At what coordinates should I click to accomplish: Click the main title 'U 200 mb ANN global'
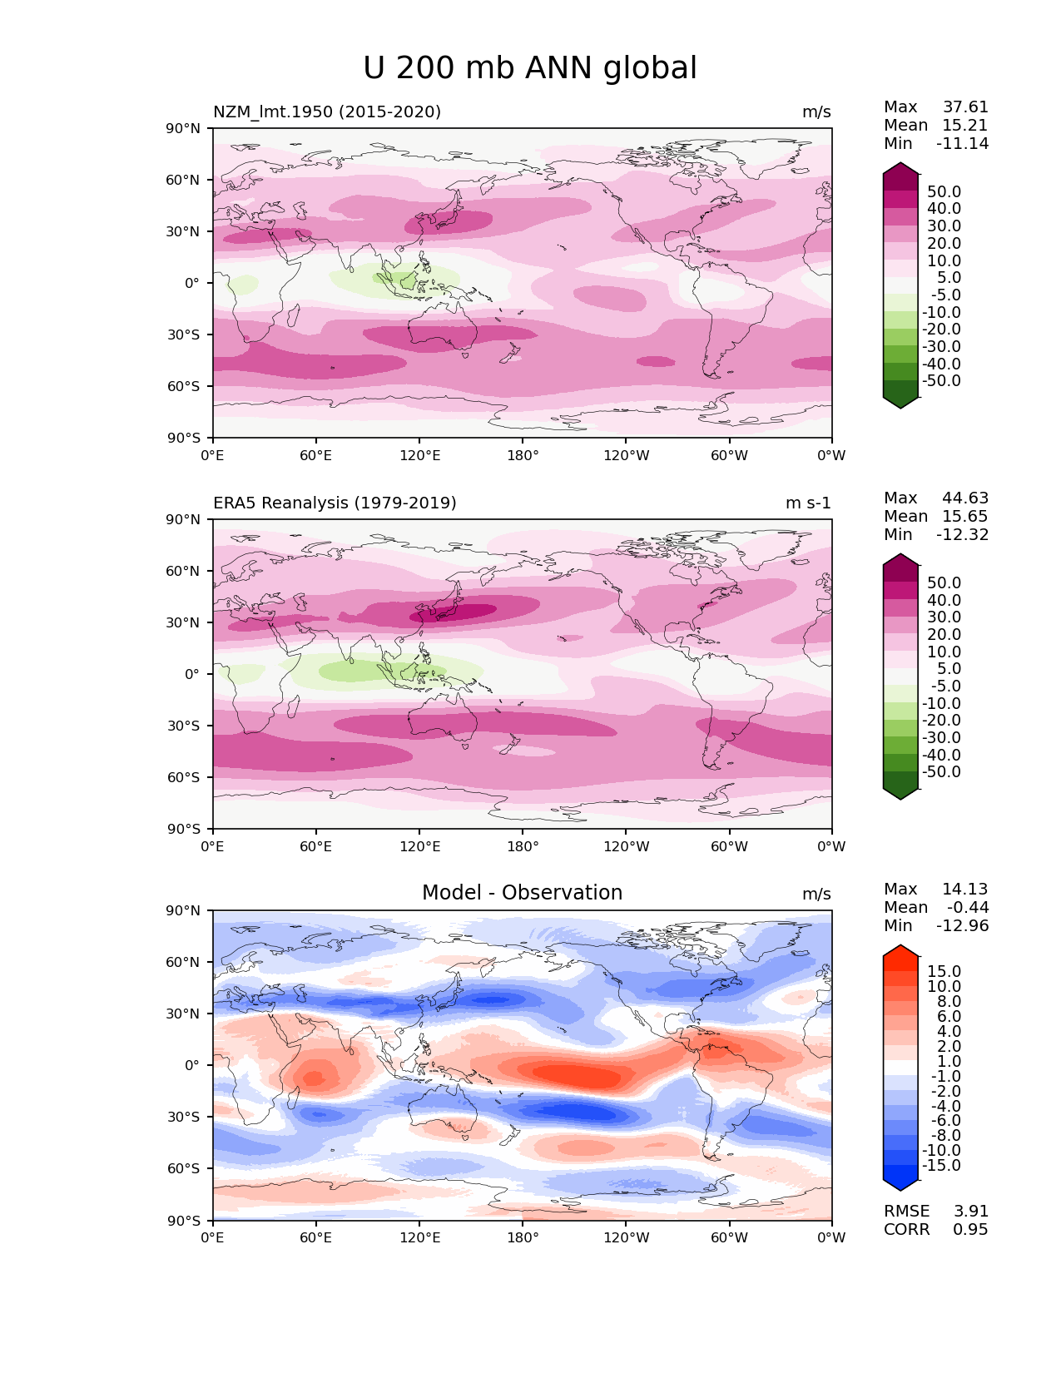[529, 67]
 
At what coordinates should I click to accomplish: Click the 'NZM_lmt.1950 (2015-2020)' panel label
[327, 112]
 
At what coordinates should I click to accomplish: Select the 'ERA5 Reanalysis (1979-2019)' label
[335, 503]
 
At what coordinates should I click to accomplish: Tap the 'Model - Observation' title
[522, 892]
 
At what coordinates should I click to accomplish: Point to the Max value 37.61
[965, 107]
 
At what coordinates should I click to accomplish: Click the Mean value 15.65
[965, 516]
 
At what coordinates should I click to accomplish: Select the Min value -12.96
[963, 925]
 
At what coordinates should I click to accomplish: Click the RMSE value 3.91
[970, 1211]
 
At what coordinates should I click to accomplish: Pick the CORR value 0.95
[970, 1229]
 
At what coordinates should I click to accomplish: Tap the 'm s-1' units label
[808, 503]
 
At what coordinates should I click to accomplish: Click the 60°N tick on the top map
[182, 180]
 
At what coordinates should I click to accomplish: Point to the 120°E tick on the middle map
[419, 846]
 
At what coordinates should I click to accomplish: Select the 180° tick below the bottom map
[523, 1237]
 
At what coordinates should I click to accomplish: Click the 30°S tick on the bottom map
[183, 1117]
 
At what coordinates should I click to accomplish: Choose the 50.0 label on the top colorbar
[944, 191]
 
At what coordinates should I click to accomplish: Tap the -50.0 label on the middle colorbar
[941, 771]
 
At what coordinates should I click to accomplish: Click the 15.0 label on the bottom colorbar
[944, 971]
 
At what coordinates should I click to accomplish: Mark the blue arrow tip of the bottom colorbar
[900, 1190]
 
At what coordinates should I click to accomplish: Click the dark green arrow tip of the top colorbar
[900, 408]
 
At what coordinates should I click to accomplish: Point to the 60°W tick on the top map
[729, 455]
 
